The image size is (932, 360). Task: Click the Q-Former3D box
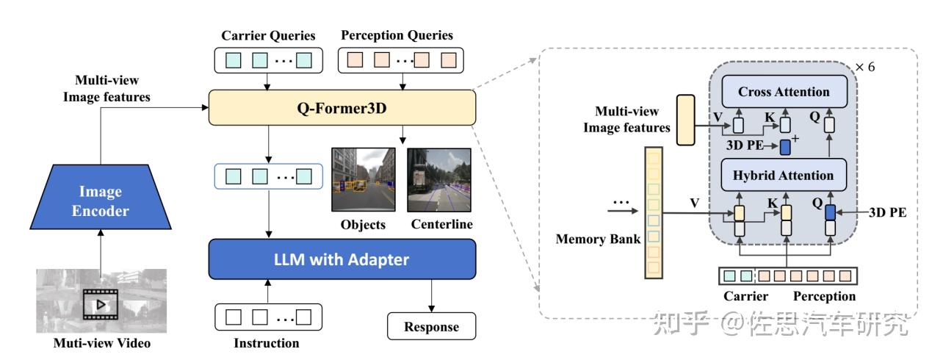click(342, 108)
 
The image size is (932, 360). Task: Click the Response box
click(431, 326)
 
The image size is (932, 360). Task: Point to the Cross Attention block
click(783, 93)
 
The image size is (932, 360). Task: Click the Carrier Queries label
click(267, 35)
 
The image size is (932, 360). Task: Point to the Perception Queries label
click(397, 35)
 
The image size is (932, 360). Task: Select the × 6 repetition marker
click(865, 67)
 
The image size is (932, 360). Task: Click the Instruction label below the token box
click(266, 343)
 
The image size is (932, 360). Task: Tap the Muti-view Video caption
click(101, 343)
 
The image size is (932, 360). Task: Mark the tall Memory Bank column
click(653, 212)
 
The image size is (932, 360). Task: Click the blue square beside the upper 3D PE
click(785, 145)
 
